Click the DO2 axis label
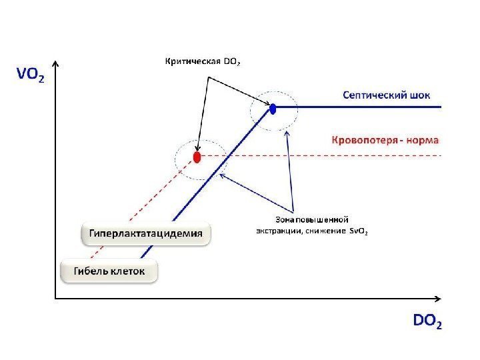[427, 322]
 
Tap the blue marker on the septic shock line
[273, 107]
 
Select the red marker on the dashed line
[197, 157]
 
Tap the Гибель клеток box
[109, 271]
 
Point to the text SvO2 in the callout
[358, 232]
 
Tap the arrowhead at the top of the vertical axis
[55, 65]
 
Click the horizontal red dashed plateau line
[333, 155]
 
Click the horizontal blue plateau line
[367, 107]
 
